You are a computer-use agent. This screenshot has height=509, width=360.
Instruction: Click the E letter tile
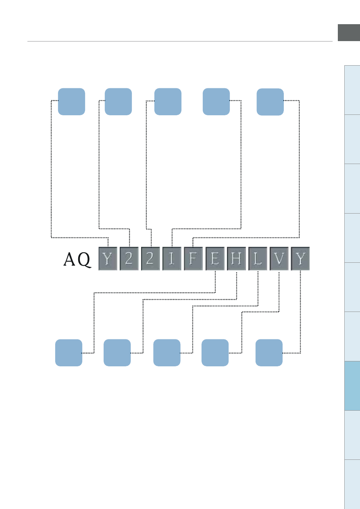(x=215, y=259)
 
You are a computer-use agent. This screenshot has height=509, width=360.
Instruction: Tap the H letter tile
(x=236, y=259)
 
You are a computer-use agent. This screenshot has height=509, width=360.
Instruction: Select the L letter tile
(x=258, y=259)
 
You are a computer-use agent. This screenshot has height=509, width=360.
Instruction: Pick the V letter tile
(x=279, y=259)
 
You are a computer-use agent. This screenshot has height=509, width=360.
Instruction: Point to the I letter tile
(x=172, y=259)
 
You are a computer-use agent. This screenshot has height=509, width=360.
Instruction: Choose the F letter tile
(x=194, y=259)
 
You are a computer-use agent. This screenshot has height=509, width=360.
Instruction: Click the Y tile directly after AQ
(x=108, y=259)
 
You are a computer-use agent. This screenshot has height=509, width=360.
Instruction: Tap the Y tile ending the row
(x=300, y=259)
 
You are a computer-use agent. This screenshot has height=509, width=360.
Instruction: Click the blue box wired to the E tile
(x=69, y=353)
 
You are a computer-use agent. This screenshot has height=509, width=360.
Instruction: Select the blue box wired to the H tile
(x=117, y=353)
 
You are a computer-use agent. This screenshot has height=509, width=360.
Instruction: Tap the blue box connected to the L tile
(x=167, y=353)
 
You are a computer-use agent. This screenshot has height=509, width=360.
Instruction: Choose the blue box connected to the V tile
(x=215, y=353)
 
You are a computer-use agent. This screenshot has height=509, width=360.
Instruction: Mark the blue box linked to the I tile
(x=216, y=101)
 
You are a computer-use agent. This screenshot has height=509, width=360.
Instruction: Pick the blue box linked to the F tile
(x=270, y=102)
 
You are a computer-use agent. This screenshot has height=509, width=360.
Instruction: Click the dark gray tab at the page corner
(x=349, y=33)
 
